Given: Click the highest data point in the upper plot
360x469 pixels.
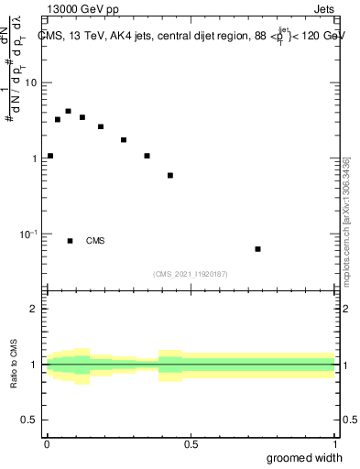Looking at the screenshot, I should coord(68,111).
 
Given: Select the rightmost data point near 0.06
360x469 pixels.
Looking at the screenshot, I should coord(257,249).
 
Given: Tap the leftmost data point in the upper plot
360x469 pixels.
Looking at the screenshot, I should coord(49,156).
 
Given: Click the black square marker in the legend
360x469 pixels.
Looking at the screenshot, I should coord(70,241).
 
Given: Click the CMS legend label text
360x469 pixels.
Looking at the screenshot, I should coord(95,241).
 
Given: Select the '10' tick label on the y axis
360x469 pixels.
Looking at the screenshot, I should coord(32,82).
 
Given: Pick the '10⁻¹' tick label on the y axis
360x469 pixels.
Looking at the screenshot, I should coord(29,234).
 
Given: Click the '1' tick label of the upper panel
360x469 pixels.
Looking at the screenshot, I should coord(36,158).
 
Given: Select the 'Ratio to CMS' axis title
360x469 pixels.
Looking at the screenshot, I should coord(14,364).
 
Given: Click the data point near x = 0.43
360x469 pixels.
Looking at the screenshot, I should coord(170,175).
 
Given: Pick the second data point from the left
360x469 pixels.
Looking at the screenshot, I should coord(57,119).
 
